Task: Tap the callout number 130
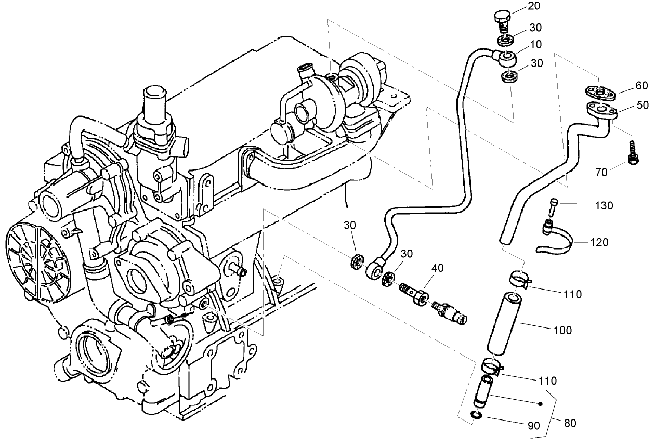604,205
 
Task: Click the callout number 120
598,242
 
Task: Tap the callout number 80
570,424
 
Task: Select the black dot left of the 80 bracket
541,403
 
